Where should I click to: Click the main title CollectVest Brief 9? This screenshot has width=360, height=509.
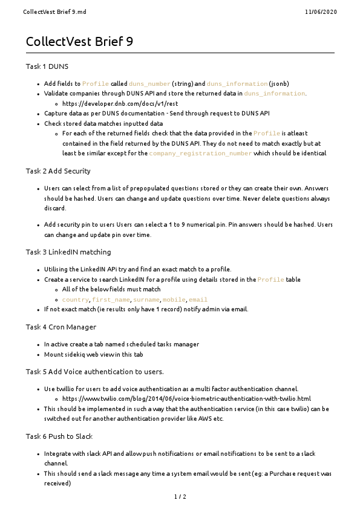(x=79, y=42)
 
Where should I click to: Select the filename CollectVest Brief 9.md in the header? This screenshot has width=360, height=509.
(x=48, y=11)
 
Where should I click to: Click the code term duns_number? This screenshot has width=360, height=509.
(x=149, y=84)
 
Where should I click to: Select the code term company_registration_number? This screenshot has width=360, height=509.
(x=200, y=154)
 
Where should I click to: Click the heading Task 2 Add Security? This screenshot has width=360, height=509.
(x=58, y=171)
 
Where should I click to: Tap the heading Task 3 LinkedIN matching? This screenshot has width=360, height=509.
(x=68, y=251)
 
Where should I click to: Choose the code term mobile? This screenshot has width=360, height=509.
(x=174, y=300)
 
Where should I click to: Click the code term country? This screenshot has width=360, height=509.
(x=75, y=300)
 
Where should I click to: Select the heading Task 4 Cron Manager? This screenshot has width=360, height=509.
(x=61, y=326)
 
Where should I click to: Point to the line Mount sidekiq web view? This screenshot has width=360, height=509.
(x=93, y=354)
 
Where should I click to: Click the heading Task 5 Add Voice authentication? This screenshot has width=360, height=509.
(x=94, y=371)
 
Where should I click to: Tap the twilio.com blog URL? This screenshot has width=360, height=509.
(x=186, y=399)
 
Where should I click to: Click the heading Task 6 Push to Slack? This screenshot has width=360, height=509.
(x=60, y=436)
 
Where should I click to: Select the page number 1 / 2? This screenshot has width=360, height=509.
(x=180, y=497)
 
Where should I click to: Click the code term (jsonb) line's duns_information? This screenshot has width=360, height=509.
(x=237, y=84)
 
